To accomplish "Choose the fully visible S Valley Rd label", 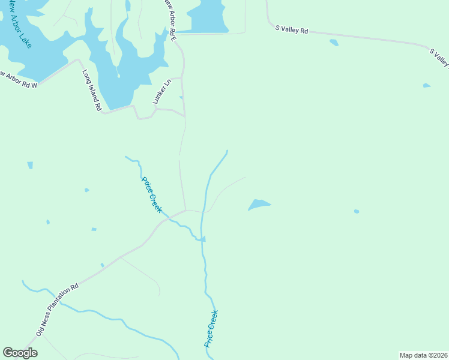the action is point(291,29).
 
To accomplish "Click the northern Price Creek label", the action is point(151,194).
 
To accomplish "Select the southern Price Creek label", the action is point(211,329).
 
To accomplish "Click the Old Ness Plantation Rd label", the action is point(58,310).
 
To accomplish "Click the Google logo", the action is point(20,353).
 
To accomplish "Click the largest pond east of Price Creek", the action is point(259,205).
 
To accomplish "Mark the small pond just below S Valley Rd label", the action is point(334,43).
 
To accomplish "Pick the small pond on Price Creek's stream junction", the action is point(203,239).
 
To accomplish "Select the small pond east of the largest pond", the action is point(357,211).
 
